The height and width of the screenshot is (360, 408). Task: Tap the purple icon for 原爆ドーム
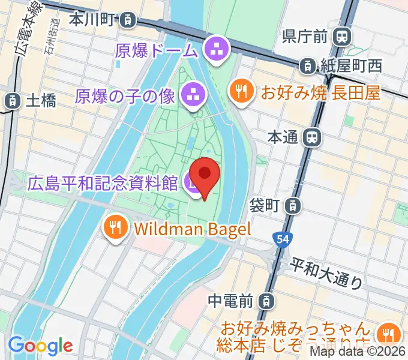tap(215, 50)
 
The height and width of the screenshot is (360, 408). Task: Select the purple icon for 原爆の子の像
tap(193, 94)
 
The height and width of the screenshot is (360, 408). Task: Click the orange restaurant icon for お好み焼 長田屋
tap(242, 92)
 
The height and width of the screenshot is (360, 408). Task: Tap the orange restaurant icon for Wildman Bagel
tap(115, 227)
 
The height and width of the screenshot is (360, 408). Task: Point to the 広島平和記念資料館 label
tap(103, 182)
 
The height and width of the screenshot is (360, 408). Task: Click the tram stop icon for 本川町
tap(127, 20)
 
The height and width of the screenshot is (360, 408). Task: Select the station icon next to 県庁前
tap(342, 37)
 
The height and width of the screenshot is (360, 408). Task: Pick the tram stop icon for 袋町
tap(292, 206)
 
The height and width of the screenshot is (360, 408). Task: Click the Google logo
tap(40, 346)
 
